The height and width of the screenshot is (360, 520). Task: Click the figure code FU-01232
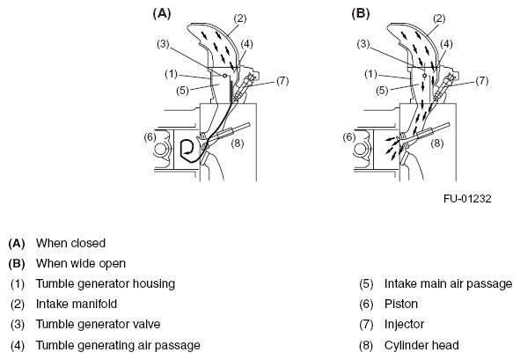[467, 198]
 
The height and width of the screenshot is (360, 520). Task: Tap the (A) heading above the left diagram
[162, 13]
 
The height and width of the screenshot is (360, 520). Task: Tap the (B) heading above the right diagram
[361, 13]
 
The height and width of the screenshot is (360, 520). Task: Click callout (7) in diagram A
[282, 81]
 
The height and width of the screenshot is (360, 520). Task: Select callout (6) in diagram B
[349, 137]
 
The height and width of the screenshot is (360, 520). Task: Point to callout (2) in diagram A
[240, 18]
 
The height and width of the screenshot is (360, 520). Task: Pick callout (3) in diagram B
[363, 43]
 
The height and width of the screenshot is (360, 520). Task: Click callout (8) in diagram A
[238, 143]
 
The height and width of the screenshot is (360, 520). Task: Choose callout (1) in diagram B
[371, 74]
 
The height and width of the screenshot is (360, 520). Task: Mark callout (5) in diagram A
[182, 91]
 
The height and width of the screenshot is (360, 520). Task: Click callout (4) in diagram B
[446, 43]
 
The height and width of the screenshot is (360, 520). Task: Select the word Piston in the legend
[401, 304]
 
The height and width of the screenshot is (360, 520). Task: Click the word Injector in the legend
[404, 324]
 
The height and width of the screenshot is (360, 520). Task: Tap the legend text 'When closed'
[70, 243]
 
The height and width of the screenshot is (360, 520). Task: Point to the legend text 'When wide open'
[81, 263]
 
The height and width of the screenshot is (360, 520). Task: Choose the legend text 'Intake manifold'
[77, 304]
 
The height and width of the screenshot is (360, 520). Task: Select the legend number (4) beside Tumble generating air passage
[18, 345]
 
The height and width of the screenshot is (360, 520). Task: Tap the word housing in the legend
[154, 283]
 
